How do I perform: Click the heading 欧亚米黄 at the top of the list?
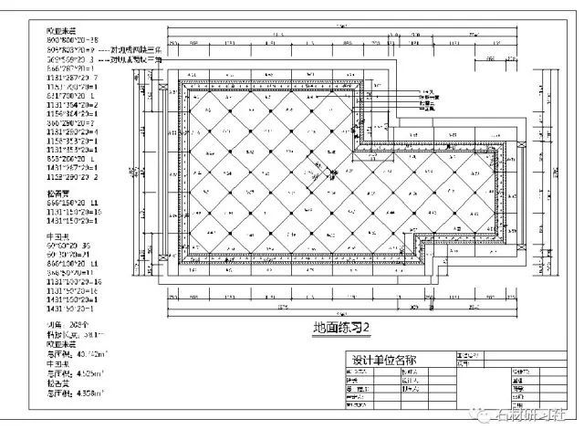[62, 31]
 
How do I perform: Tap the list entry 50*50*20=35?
[69, 246]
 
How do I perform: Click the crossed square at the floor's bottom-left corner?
[180, 266]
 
